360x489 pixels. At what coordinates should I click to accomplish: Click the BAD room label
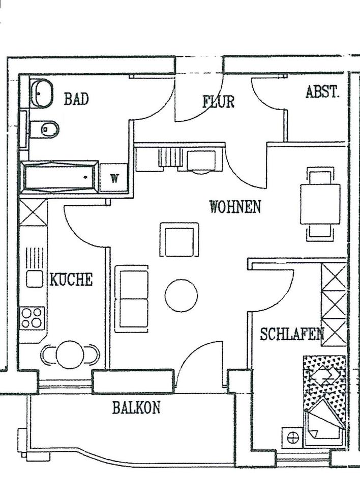coord(76,99)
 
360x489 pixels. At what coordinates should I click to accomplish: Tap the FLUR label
coord(219,101)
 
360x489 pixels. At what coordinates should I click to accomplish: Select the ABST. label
coord(322,92)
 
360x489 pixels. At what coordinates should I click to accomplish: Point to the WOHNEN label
coord(235,207)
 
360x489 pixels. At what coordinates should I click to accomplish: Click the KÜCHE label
coord(71,280)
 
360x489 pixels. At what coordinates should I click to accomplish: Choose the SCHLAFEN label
coord(292,334)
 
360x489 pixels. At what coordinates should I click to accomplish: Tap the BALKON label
coord(136,407)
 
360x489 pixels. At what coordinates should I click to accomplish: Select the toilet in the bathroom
coord(45,129)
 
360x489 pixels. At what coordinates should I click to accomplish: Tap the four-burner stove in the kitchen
coord(32,317)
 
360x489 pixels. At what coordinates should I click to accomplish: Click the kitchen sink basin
coord(35,279)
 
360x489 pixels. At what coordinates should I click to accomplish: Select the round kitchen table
coord(70,355)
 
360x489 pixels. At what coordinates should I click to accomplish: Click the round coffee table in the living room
coord(181,296)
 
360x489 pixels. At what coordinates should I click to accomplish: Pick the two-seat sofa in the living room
coord(132,298)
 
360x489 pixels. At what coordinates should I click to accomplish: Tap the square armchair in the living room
coord(179,240)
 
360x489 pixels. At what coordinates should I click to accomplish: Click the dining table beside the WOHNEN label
coord(320,204)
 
